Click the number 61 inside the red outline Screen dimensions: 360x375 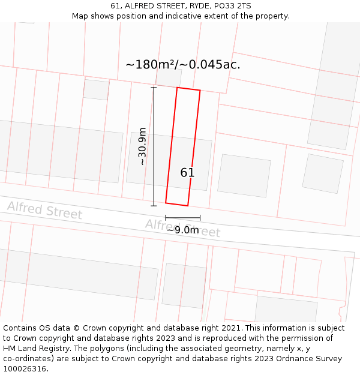click(x=187, y=173)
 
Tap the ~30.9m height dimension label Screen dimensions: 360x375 click(x=142, y=146)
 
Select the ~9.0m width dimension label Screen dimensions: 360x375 click(x=182, y=230)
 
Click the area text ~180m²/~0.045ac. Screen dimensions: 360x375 click(x=183, y=65)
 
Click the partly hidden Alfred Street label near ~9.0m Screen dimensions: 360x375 click(x=182, y=226)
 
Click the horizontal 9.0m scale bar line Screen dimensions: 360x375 click(x=183, y=218)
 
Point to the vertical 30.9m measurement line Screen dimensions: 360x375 click(x=154, y=146)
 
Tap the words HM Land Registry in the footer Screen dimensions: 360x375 click(x=34, y=349)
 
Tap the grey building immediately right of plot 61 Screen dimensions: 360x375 click(x=244, y=175)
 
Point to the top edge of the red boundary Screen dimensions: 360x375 click(x=188, y=89)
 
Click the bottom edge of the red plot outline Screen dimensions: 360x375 click(x=177, y=204)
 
